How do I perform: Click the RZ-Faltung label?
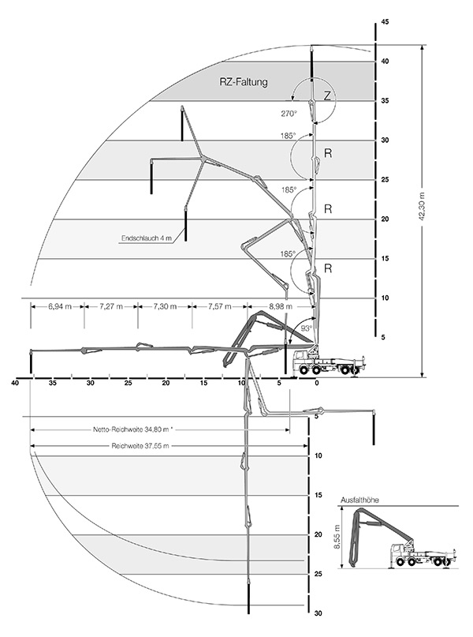(x=244, y=81)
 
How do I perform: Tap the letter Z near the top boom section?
(x=327, y=96)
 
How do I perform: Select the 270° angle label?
(x=289, y=113)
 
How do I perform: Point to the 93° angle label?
(x=307, y=328)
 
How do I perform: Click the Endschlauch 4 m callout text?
(x=147, y=236)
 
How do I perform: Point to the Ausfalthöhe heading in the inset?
(x=359, y=500)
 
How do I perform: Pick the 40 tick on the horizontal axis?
(x=15, y=384)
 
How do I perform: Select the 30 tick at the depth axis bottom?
(x=318, y=613)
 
